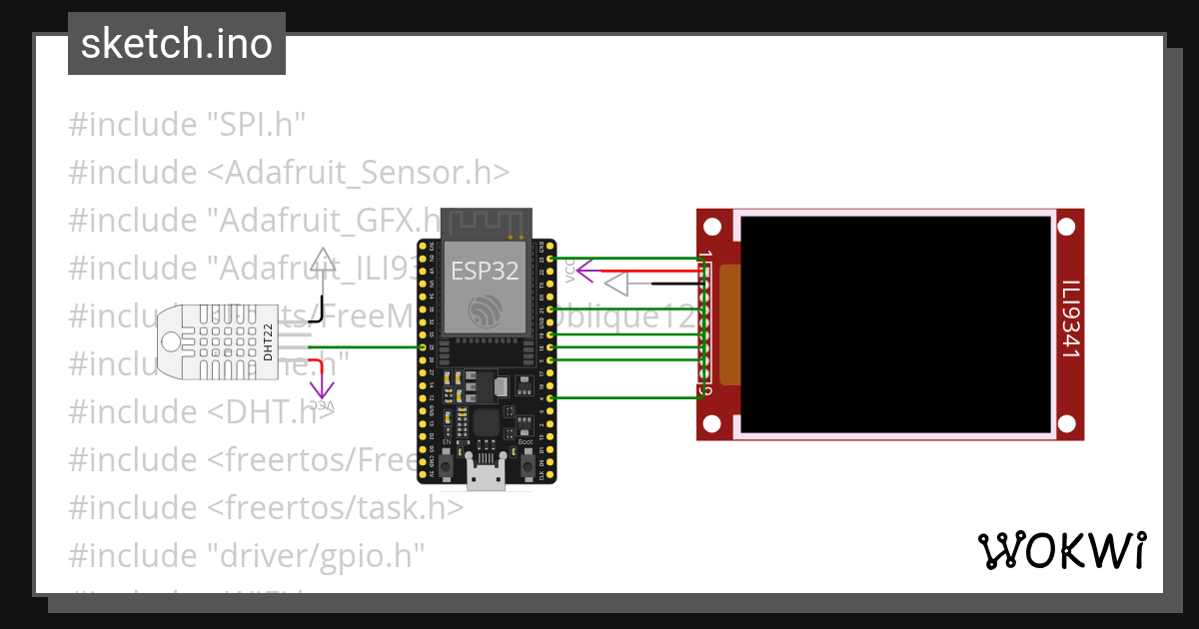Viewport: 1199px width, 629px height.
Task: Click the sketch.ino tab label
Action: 177,44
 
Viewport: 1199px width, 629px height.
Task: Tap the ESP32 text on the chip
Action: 485,270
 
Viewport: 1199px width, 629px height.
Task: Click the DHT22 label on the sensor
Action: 268,343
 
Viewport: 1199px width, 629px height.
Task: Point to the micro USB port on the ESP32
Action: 488,479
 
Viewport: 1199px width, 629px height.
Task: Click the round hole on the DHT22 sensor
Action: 172,342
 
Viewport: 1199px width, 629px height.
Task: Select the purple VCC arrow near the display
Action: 584,269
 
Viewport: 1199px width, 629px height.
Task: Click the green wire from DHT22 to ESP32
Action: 370,346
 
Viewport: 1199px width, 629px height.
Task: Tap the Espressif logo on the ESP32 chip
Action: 486,311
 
